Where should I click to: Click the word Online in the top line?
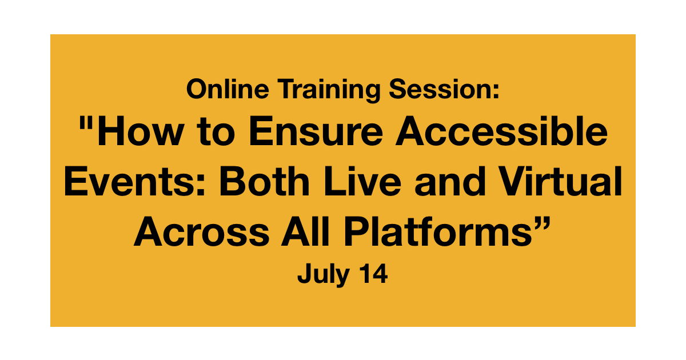(x=228, y=89)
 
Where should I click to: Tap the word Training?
(x=329, y=90)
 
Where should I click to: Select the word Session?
(x=440, y=89)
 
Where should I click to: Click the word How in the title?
(x=141, y=131)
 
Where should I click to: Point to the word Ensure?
(x=316, y=131)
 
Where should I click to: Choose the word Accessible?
(x=502, y=131)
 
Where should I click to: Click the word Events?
(x=130, y=181)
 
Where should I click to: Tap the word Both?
(x=264, y=181)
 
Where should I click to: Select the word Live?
(x=362, y=181)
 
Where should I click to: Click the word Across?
(x=201, y=231)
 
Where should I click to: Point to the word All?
(x=305, y=231)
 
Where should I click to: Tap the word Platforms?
(x=438, y=231)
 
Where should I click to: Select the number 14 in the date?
(x=373, y=273)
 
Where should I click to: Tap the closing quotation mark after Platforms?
(x=541, y=223)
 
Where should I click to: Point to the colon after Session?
(x=496, y=91)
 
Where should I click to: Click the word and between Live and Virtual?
(x=450, y=181)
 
